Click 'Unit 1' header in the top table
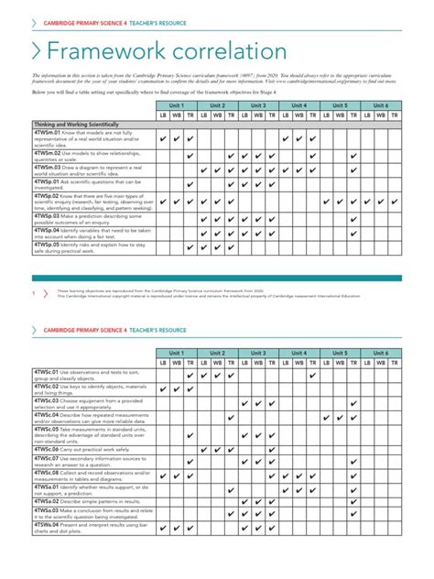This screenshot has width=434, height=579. (176, 105)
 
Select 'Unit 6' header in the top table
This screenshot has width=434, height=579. (380, 105)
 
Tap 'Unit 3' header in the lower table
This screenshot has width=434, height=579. (258, 353)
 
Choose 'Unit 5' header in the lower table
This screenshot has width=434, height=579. (340, 353)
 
